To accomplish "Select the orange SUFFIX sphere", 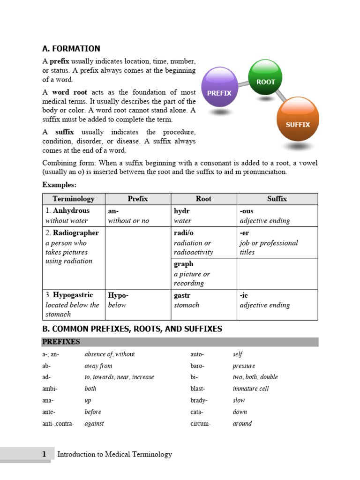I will [298, 119].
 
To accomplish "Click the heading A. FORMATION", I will [71, 49].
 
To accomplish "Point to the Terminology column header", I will [74, 199].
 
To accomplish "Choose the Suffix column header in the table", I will [277, 199].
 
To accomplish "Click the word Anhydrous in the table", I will [71, 211].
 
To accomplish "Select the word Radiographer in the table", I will [75, 233].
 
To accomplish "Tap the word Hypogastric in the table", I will [73, 295].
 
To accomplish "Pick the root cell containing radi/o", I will [183, 233].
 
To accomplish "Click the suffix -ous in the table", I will [246, 211].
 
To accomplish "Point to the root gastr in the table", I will [182, 295].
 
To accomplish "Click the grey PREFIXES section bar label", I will [61, 342].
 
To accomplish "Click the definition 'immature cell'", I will [251, 389].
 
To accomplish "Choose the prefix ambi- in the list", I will [50, 389].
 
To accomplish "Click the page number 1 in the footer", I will [44, 454].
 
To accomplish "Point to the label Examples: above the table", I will [59, 185].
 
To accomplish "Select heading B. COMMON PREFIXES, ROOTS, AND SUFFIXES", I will [132, 329].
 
